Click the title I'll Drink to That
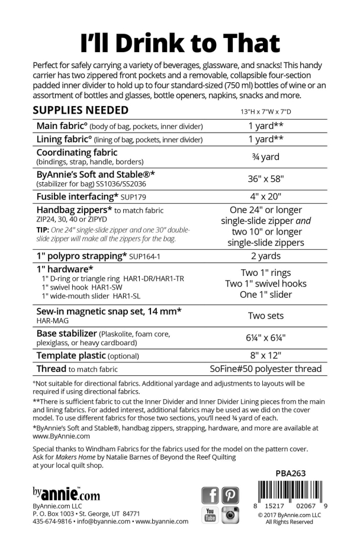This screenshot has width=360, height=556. [x=180, y=43]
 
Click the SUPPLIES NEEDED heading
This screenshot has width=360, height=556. [x=81, y=110]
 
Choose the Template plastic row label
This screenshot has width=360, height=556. [x=88, y=356]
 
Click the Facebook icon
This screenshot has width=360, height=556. [x=211, y=495]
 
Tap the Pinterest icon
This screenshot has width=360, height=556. [x=230, y=495]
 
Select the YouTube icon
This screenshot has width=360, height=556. [x=211, y=515]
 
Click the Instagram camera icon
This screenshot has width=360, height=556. [x=230, y=515]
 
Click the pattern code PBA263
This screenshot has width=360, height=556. [x=291, y=473]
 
